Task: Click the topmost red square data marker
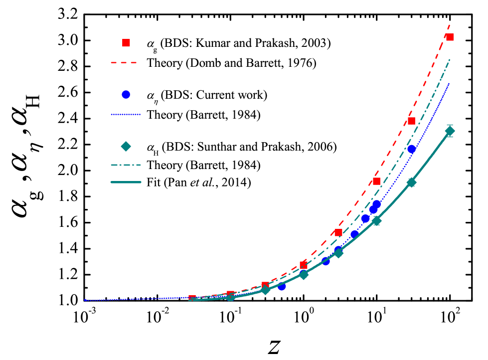450,37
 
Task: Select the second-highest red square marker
411,121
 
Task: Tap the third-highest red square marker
376,181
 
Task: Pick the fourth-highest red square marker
338,232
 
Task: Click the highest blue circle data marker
411,149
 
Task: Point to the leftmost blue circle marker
282,287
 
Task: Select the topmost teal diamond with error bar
450,131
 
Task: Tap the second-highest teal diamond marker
411,182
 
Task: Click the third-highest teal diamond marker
376,221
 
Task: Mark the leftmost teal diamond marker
230,297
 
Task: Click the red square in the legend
126,43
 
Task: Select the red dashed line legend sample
124,63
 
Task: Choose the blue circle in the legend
126,94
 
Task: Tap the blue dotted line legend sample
126,115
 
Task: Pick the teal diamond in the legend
126,146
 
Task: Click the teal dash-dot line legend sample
126,165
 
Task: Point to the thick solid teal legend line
126,182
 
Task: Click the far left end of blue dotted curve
85,300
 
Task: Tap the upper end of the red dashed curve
450,24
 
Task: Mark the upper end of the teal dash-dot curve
450,59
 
